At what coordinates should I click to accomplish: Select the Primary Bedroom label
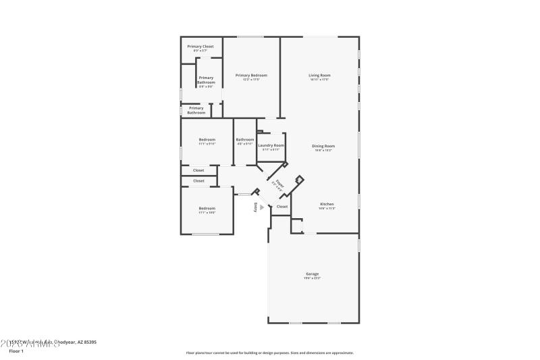tap(251, 75)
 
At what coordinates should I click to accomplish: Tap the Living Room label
tap(319, 75)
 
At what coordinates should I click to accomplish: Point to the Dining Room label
tap(323, 146)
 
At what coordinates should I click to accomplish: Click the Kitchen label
tap(327, 204)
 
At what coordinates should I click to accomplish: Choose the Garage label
tap(312, 274)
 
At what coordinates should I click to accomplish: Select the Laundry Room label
tap(271, 145)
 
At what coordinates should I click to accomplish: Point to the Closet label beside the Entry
tap(282, 207)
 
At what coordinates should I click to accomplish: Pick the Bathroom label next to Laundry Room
tap(245, 140)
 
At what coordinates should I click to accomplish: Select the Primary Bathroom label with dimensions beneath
tap(206, 80)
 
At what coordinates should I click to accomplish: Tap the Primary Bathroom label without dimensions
tap(196, 110)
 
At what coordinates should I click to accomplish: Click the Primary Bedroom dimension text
tap(251, 80)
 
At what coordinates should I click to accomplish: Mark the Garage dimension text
tap(312, 278)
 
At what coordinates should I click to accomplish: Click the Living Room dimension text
tap(319, 80)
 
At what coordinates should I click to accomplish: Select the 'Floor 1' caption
tap(16, 351)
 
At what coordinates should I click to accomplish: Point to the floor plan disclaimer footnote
tap(269, 353)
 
